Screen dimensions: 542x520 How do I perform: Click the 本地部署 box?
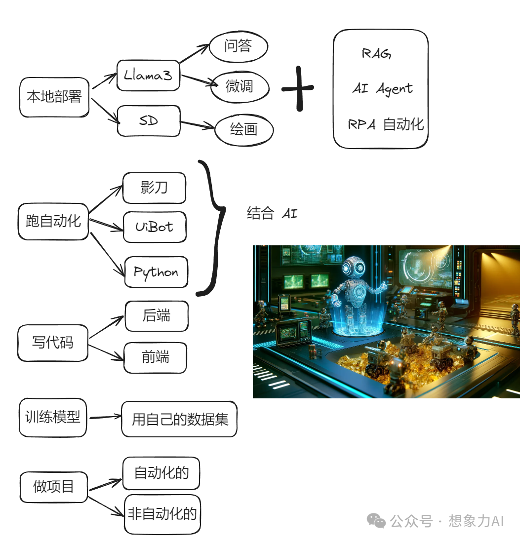[x=54, y=97]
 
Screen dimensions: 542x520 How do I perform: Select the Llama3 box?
[x=148, y=76]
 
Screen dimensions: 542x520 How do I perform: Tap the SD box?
[x=149, y=121]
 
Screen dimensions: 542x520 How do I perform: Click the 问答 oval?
[x=239, y=47]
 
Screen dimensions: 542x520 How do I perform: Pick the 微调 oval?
[x=240, y=87]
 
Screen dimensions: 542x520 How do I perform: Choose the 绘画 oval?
[x=244, y=130]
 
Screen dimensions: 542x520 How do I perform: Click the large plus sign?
[x=298, y=89]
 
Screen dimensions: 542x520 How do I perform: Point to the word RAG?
[x=376, y=53]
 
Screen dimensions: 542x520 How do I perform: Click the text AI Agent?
[x=383, y=89]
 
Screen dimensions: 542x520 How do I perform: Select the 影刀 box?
[x=154, y=188]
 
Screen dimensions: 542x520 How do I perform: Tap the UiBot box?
[x=155, y=227]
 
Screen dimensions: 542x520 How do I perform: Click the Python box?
[x=156, y=272]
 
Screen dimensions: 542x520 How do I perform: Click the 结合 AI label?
[x=272, y=214]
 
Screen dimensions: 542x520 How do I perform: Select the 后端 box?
[x=157, y=316]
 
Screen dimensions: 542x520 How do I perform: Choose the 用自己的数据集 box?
[x=179, y=420]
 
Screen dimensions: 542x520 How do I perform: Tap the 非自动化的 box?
[x=162, y=514]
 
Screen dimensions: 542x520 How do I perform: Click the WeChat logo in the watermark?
[x=376, y=520]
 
